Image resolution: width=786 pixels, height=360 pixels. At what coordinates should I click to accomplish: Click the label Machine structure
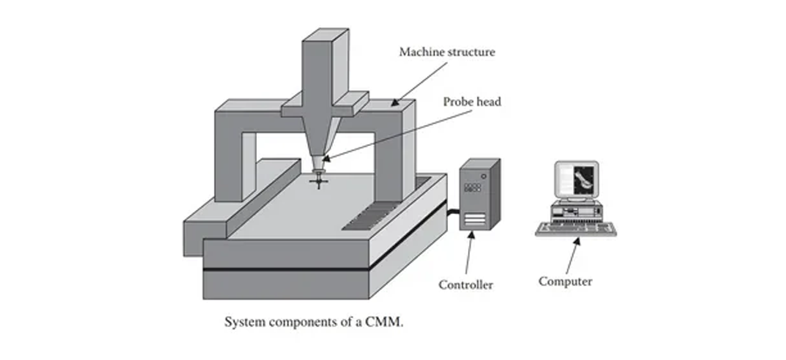(x=447, y=52)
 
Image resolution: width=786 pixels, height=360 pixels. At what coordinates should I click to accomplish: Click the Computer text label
(x=565, y=281)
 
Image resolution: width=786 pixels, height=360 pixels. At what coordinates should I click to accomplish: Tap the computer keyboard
(x=576, y=229)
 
